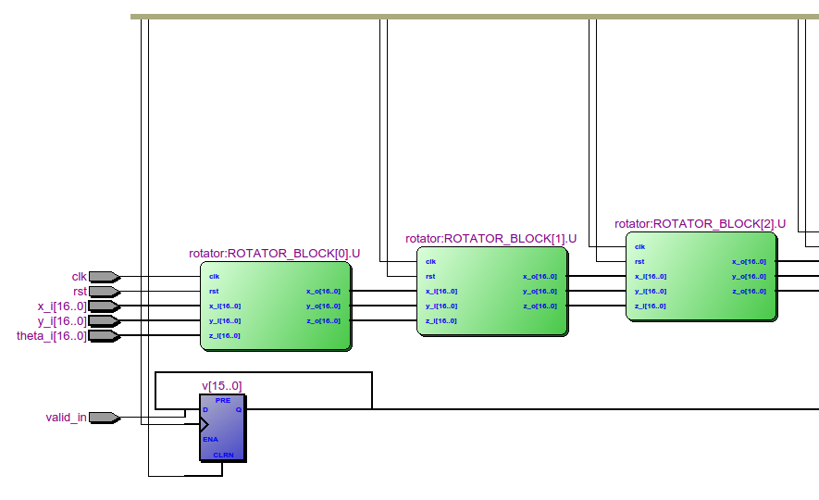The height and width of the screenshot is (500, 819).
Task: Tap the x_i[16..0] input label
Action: [x=62, y=306]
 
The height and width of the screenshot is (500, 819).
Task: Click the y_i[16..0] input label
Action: [x=62, y=321]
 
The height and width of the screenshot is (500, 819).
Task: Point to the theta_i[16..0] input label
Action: [x=52, y=336]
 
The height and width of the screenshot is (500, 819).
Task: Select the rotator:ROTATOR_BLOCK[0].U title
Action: [x=274, y=253]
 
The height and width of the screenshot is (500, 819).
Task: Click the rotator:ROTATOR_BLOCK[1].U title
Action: [x=490, y=238]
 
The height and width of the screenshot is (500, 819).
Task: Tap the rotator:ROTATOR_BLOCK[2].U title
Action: [x=700, y=223]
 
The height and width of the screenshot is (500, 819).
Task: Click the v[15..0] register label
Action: [x=222, y=385]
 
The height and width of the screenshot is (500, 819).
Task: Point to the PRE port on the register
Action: [x=222, y=400]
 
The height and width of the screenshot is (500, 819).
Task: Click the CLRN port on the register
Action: [x=223, y=455]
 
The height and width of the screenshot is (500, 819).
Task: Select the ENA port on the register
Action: [x=210, y=439]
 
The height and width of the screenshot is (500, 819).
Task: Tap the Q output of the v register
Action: [x=238, y=408]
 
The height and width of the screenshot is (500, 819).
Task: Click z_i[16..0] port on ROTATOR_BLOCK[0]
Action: [x=224, y=335]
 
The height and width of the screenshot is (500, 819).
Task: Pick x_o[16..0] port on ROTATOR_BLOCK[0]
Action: [x=323, y=291]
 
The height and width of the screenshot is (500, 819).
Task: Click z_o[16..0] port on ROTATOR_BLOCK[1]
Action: [x=540, y=306]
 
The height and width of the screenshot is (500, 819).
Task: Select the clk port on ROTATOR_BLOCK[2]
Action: [x=639, y=246]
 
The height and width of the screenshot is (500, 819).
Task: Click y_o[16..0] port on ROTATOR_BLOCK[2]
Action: [x=749, y=276]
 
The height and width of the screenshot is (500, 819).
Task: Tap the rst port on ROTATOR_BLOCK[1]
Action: [x=430, y=276]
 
